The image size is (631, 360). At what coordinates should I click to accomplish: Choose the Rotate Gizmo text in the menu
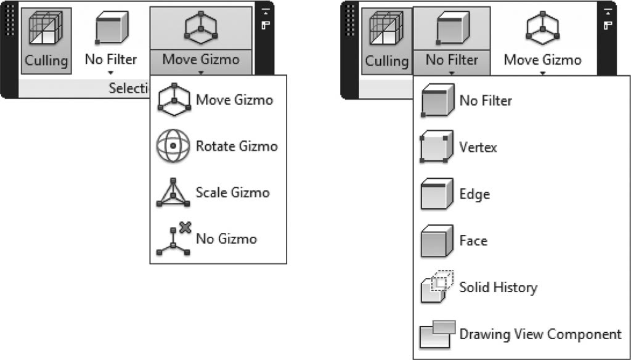tap(237, 145)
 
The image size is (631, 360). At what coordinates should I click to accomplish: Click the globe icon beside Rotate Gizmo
tap(173, 145)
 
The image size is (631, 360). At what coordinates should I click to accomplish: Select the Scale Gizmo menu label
tap(232, 192)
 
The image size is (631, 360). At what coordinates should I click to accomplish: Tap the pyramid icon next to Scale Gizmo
tap(173, 192)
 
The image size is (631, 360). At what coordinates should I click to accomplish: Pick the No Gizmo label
tap(226, 239)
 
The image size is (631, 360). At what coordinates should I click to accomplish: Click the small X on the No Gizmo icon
tap(185, 227)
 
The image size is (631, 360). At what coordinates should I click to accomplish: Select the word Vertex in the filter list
tap(478, 147)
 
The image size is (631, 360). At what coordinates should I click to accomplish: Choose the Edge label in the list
tap(475, 194)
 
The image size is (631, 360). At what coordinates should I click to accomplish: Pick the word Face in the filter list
tap(473, 241)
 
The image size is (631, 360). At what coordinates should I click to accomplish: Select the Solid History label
tap(498, 287)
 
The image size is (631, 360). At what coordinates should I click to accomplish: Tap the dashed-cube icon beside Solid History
tap(437, 287)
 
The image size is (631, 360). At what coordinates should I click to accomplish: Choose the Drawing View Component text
tap(540, 334)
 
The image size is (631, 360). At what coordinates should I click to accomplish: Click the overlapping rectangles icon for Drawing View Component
tap(438, 334)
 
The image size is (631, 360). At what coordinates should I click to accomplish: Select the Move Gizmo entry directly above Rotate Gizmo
tap(234, 100)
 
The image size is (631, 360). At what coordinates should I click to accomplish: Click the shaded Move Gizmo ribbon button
tap(201, 41)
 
